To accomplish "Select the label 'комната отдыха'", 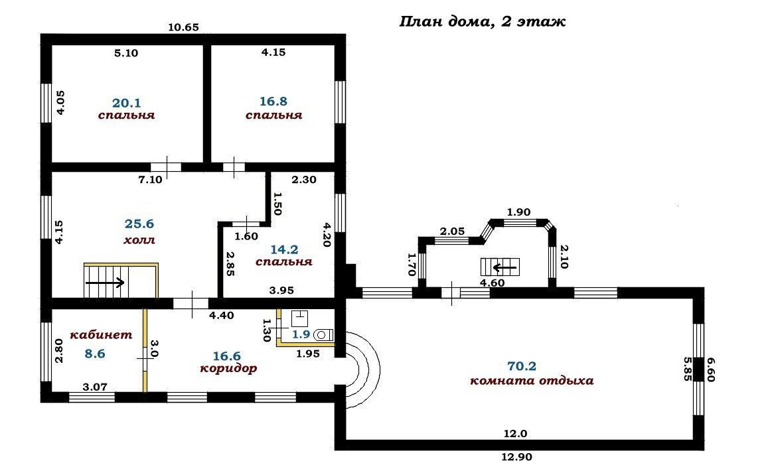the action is click(531, 381).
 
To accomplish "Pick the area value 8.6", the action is click(95, 354).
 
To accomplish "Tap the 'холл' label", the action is click(139, 240).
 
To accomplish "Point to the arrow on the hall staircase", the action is click(106, 283).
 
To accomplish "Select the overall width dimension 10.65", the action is click(184, 27).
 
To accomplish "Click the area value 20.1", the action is click(126, 103).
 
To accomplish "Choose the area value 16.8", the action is click(273, 102).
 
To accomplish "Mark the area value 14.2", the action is click(284, 249).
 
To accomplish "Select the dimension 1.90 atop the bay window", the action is click(518, 212).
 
